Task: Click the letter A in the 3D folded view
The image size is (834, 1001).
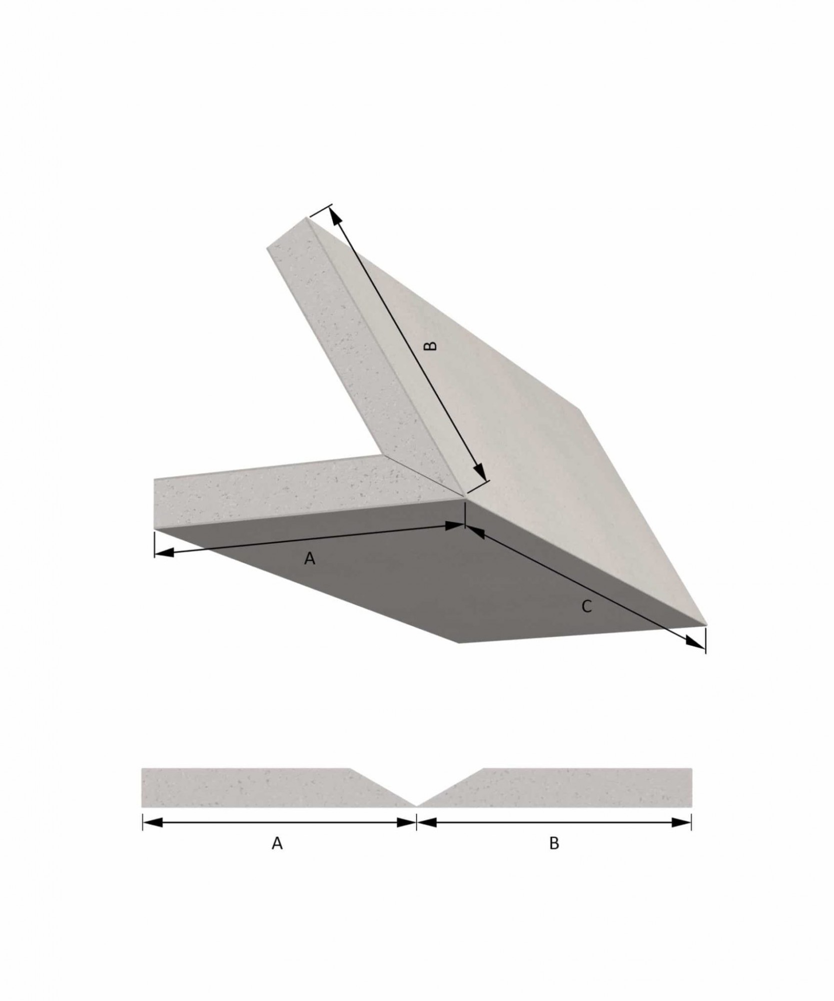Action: point(310,559)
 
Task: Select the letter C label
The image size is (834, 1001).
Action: point(587,607)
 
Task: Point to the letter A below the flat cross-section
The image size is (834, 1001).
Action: point(277,843)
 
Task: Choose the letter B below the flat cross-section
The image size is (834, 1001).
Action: point(554,843)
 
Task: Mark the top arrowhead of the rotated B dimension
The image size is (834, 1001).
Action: point(335,215)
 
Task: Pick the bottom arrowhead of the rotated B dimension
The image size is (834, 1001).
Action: point(478,471)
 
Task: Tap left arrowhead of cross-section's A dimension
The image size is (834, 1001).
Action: point(153,822)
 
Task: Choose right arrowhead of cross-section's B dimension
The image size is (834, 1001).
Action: point(682,822)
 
